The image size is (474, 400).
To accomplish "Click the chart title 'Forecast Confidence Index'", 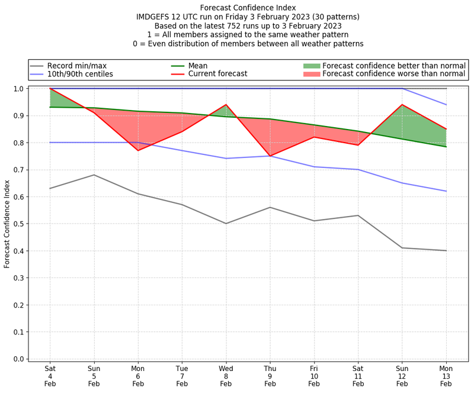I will point(248,8).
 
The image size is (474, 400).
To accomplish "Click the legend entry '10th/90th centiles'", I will point(80,74).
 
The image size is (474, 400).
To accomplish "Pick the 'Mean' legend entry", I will point(198,65).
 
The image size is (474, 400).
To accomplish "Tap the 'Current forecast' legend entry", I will point(217,74).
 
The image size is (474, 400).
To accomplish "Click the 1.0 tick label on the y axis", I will point(19,89).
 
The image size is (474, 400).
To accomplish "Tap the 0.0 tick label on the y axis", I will point(19,359).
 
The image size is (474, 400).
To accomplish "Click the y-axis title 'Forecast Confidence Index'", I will point(7,224).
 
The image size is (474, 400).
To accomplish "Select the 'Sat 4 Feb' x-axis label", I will point(50,376).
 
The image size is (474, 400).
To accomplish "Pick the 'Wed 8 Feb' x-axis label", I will point(226,376).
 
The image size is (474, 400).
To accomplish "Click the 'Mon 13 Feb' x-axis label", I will point(446,376).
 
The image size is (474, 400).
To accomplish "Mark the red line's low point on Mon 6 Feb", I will point(138,150).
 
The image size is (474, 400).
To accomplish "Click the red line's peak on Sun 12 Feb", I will point(402,105).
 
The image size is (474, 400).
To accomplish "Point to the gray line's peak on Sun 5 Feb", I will point(94,175).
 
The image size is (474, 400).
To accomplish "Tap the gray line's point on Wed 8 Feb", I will point(226,224).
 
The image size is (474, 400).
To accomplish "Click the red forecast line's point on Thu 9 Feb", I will point(270,156).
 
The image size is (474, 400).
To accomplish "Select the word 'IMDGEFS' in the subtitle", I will point(155,17).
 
